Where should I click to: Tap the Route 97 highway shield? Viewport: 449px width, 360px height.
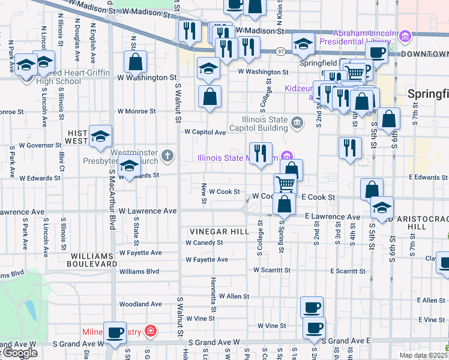click(280, 53)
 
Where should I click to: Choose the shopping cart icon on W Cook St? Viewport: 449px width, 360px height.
click(286, 183)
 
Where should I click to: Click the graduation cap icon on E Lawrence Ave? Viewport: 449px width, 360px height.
click(381, 208)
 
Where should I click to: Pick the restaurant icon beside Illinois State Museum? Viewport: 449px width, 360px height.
click(261, 153)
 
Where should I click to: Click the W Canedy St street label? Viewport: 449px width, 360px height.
click(204, 243)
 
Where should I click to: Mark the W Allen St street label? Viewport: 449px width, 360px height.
click(234, 296)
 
